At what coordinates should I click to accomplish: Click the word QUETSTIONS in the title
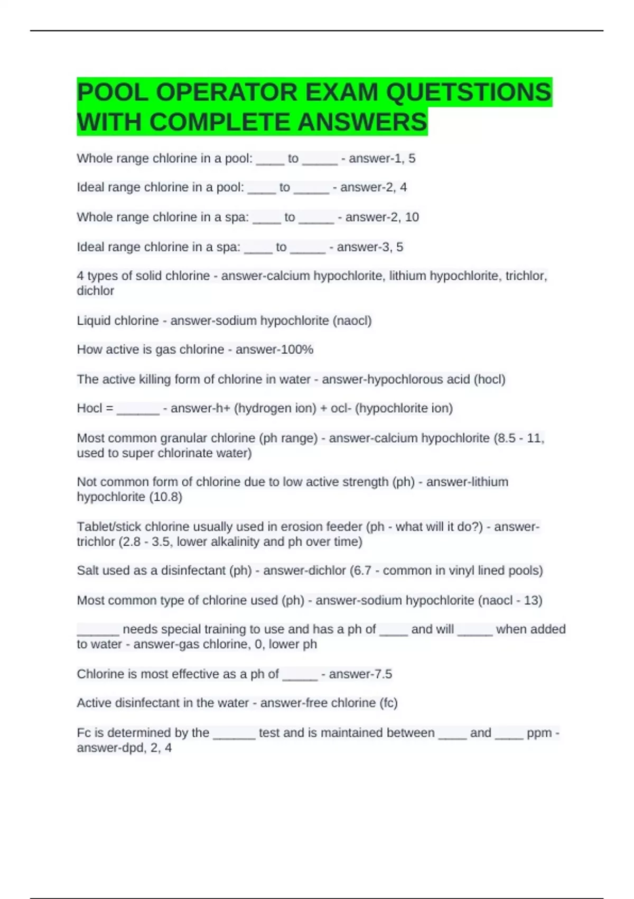[x=469, y=93]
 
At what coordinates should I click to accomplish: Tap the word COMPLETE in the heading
[x=221, y=122]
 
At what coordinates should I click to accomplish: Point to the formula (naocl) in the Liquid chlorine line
[x=352, y=320]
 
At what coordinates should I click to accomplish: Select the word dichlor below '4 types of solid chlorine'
[x=95, y=291]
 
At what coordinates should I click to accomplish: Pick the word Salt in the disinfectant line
[x=88, y=571]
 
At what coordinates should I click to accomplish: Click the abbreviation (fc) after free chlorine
[x=388, y=703]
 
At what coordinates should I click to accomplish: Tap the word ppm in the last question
[x=539, y=733]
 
